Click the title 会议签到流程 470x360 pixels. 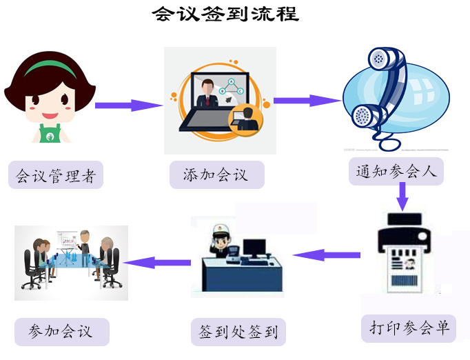pyautogui.click(x=225, y=14)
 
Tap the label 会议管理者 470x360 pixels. pyautogui.click(x=56, y=176)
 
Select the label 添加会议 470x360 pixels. pyautogui.click(x=216, y=174)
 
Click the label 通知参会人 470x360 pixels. pyautogui.click(x=396, y=171)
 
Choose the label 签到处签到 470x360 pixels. pyautogui.click(x=238, y=332)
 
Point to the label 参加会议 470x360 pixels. pyautogui.click(x=61, y=331)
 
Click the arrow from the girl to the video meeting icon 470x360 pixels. pyautogui.click(x=127, y=106)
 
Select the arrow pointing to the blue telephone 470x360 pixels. pyautogui.click(x=307, y=101)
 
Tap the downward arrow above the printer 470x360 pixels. pyautogui.click(x=402, y=199)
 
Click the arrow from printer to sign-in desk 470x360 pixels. pyautogui.click(x=327, y=255)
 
